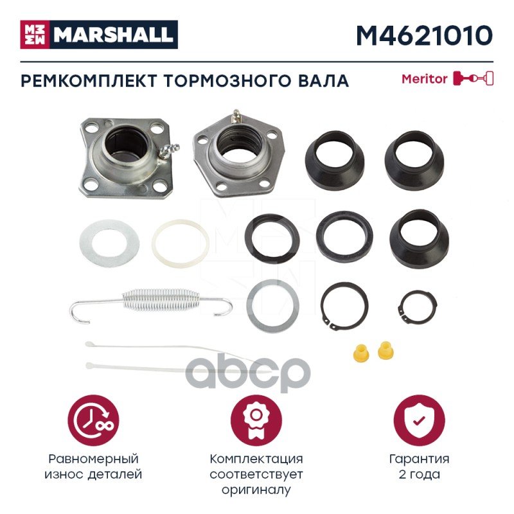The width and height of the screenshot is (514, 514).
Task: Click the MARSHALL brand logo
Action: pos(99,35)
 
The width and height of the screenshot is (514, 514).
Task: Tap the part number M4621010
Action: pos(425,35)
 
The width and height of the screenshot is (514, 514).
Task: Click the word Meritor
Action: pos(425,79)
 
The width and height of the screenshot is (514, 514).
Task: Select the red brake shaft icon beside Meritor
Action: pos(473,78)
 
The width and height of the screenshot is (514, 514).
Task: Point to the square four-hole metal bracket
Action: pos(126,157)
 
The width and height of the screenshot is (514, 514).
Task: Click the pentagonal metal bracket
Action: pos(239,155)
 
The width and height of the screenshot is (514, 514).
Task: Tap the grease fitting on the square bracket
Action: pos(168,151)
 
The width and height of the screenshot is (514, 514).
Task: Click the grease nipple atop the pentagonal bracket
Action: pos(235,116)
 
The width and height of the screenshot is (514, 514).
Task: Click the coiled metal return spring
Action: pos(151,304)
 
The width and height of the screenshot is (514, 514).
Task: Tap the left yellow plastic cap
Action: pos(361,352)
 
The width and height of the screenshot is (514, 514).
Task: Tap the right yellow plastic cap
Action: pos(385,350)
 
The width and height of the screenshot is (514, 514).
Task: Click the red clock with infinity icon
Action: pos(94,420)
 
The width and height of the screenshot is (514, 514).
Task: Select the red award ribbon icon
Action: pos(256,420)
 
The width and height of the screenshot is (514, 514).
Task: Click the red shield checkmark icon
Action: pos(419,420)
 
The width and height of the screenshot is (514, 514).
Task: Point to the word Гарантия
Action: pos(419,459)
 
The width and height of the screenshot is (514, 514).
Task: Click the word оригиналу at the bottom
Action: pos(256,490)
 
